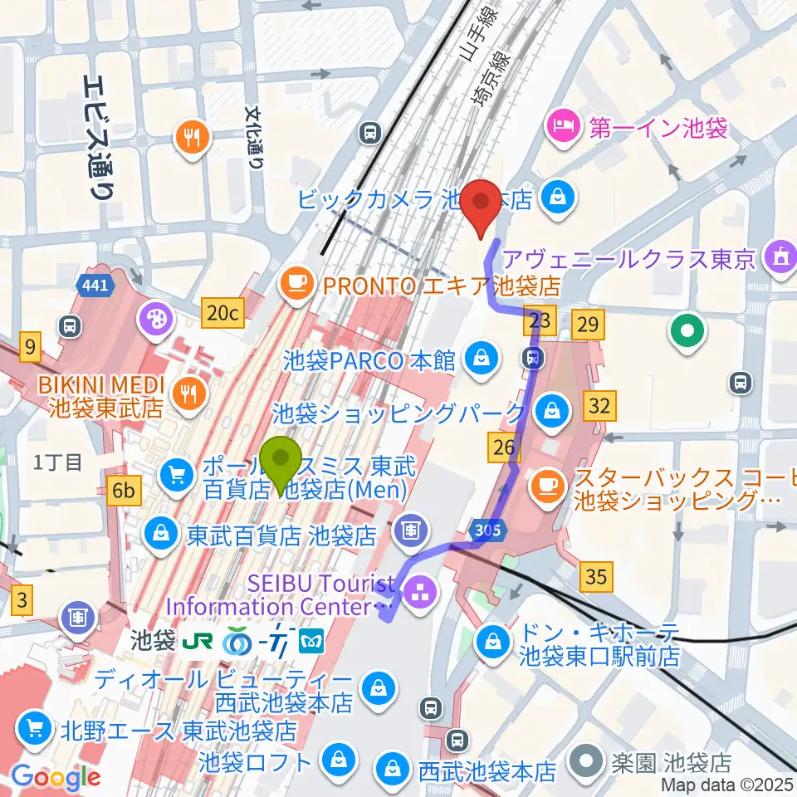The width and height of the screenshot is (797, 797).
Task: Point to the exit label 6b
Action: pyautogui.click(x=124, y=491)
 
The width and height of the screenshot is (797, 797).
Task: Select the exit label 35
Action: pyautogui.click(x=596, y=575)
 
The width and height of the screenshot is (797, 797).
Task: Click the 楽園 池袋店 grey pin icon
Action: pyautogui.click(x=589, y=760)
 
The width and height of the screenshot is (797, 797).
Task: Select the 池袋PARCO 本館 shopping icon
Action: pyautogui.click(x=479, y=359)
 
